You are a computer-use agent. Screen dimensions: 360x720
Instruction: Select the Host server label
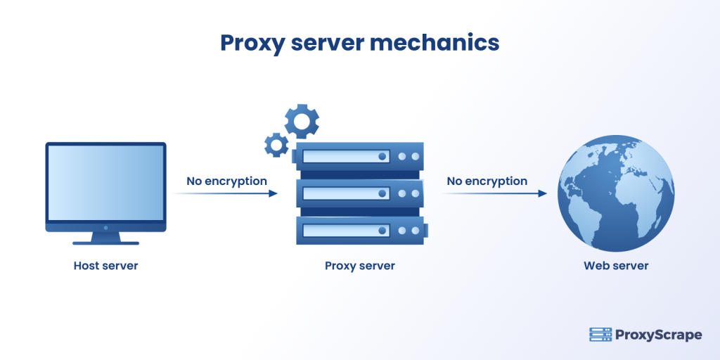point(105,266)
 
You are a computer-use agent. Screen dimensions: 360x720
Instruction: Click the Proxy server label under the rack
point(359,266)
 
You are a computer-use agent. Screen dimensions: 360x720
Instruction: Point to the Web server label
point(616,266)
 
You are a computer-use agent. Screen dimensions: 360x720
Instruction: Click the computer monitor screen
point(105,183)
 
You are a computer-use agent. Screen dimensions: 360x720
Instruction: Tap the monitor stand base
point(105,243)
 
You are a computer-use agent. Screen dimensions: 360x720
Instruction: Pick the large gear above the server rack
point(302,122)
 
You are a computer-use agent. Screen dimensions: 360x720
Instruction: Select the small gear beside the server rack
point(276,145)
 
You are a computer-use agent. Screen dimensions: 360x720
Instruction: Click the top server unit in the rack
point(360,156)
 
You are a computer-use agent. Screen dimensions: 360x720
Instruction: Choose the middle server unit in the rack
point(360,193)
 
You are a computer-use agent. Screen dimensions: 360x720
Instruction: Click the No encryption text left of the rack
point(226,181)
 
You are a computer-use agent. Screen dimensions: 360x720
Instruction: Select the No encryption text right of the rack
point(487,181)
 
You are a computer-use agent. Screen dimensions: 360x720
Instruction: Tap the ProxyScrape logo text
point(659,335)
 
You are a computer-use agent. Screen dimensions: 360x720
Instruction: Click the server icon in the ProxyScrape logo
point(600,335)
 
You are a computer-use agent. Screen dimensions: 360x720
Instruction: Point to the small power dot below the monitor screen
point(105,228)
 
